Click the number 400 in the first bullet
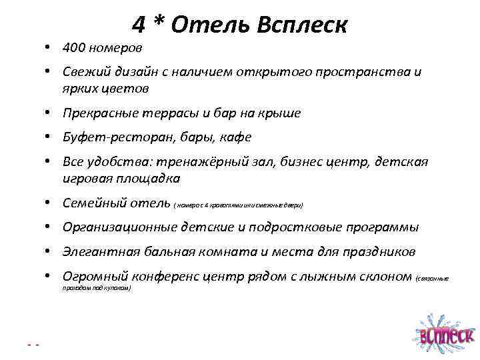point(74,48)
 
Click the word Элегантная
point(97,252)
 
